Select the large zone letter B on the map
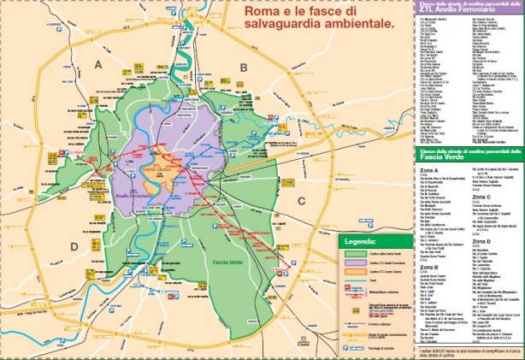tap(245, 66)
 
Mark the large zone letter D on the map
tap(74, 246)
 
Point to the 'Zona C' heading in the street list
tap(478, 196)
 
